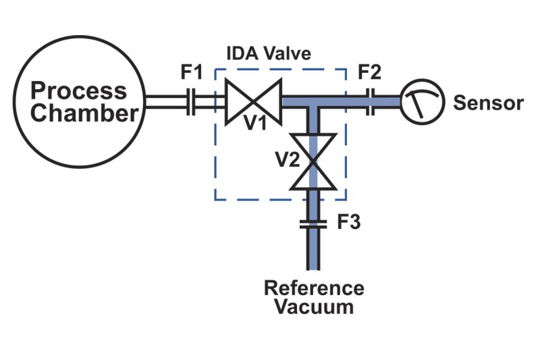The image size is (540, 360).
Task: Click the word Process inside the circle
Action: tap(78, 91)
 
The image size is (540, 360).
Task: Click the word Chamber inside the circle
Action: tap(84, 113)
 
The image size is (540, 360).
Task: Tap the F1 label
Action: tap(192, 72)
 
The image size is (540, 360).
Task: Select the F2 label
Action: tap(369, 72)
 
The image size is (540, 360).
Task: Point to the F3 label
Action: tap(348, 222)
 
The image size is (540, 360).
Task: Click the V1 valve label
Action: tap(255, 122)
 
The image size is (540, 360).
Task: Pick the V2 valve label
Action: tap(288, 159)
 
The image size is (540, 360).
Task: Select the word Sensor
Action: tap(488, 103)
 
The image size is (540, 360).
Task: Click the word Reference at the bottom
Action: tap(314, 288)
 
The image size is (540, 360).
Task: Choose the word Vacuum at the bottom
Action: tap(314, 307)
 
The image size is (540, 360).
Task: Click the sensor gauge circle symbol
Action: tap(423, 101)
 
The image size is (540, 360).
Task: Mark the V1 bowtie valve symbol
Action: tap(254, 101)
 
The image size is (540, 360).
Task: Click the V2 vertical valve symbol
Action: tap(313, 161)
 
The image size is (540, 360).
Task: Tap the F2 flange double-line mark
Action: tap(371, 101)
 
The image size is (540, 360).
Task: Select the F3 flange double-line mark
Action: tap(313, 224)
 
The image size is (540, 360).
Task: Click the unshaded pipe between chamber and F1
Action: tap(166, 101)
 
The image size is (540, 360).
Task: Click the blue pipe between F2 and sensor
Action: tap(387, 101)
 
